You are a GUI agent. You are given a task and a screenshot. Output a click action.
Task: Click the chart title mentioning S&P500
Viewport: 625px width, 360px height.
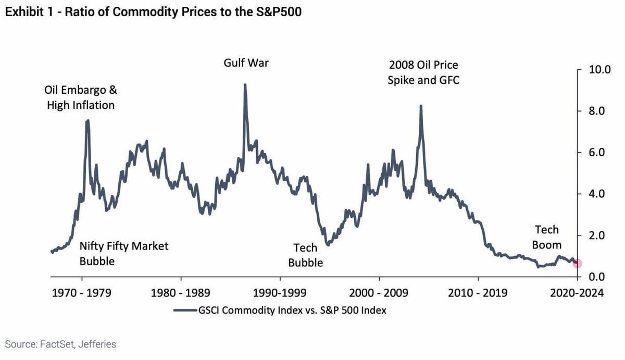pos(153,12)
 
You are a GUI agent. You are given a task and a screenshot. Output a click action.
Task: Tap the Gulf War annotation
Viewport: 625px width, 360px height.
pos(246,64)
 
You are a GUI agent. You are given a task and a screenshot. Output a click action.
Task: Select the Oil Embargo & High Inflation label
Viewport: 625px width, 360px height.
pos(81,97)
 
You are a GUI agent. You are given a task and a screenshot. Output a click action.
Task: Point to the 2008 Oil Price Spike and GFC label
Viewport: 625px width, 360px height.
pos(424,73)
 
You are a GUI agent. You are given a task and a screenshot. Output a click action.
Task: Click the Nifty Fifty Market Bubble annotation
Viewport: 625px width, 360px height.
pos(124,253)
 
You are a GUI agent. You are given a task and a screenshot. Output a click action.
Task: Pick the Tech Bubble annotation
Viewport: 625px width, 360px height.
pos(306,255)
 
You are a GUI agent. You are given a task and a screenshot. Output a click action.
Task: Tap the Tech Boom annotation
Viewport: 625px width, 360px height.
pos(547,237)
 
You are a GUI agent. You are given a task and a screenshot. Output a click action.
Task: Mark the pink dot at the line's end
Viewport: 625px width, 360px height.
pos(577,264)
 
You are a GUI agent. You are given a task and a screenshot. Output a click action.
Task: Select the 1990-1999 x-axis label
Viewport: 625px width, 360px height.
pos(281,293)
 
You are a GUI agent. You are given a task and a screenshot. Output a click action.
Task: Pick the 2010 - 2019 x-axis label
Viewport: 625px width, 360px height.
pos(478,293)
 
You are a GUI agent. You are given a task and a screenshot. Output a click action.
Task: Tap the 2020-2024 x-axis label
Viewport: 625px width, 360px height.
pos(576,293)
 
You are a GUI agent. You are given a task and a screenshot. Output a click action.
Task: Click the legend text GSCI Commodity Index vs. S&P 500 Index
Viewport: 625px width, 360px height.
pos(292,310)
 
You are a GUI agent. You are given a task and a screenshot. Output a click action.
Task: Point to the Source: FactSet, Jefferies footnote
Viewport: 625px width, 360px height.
pos(61,344)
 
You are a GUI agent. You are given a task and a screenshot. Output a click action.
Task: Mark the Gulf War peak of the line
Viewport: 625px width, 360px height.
pos(245,85)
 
